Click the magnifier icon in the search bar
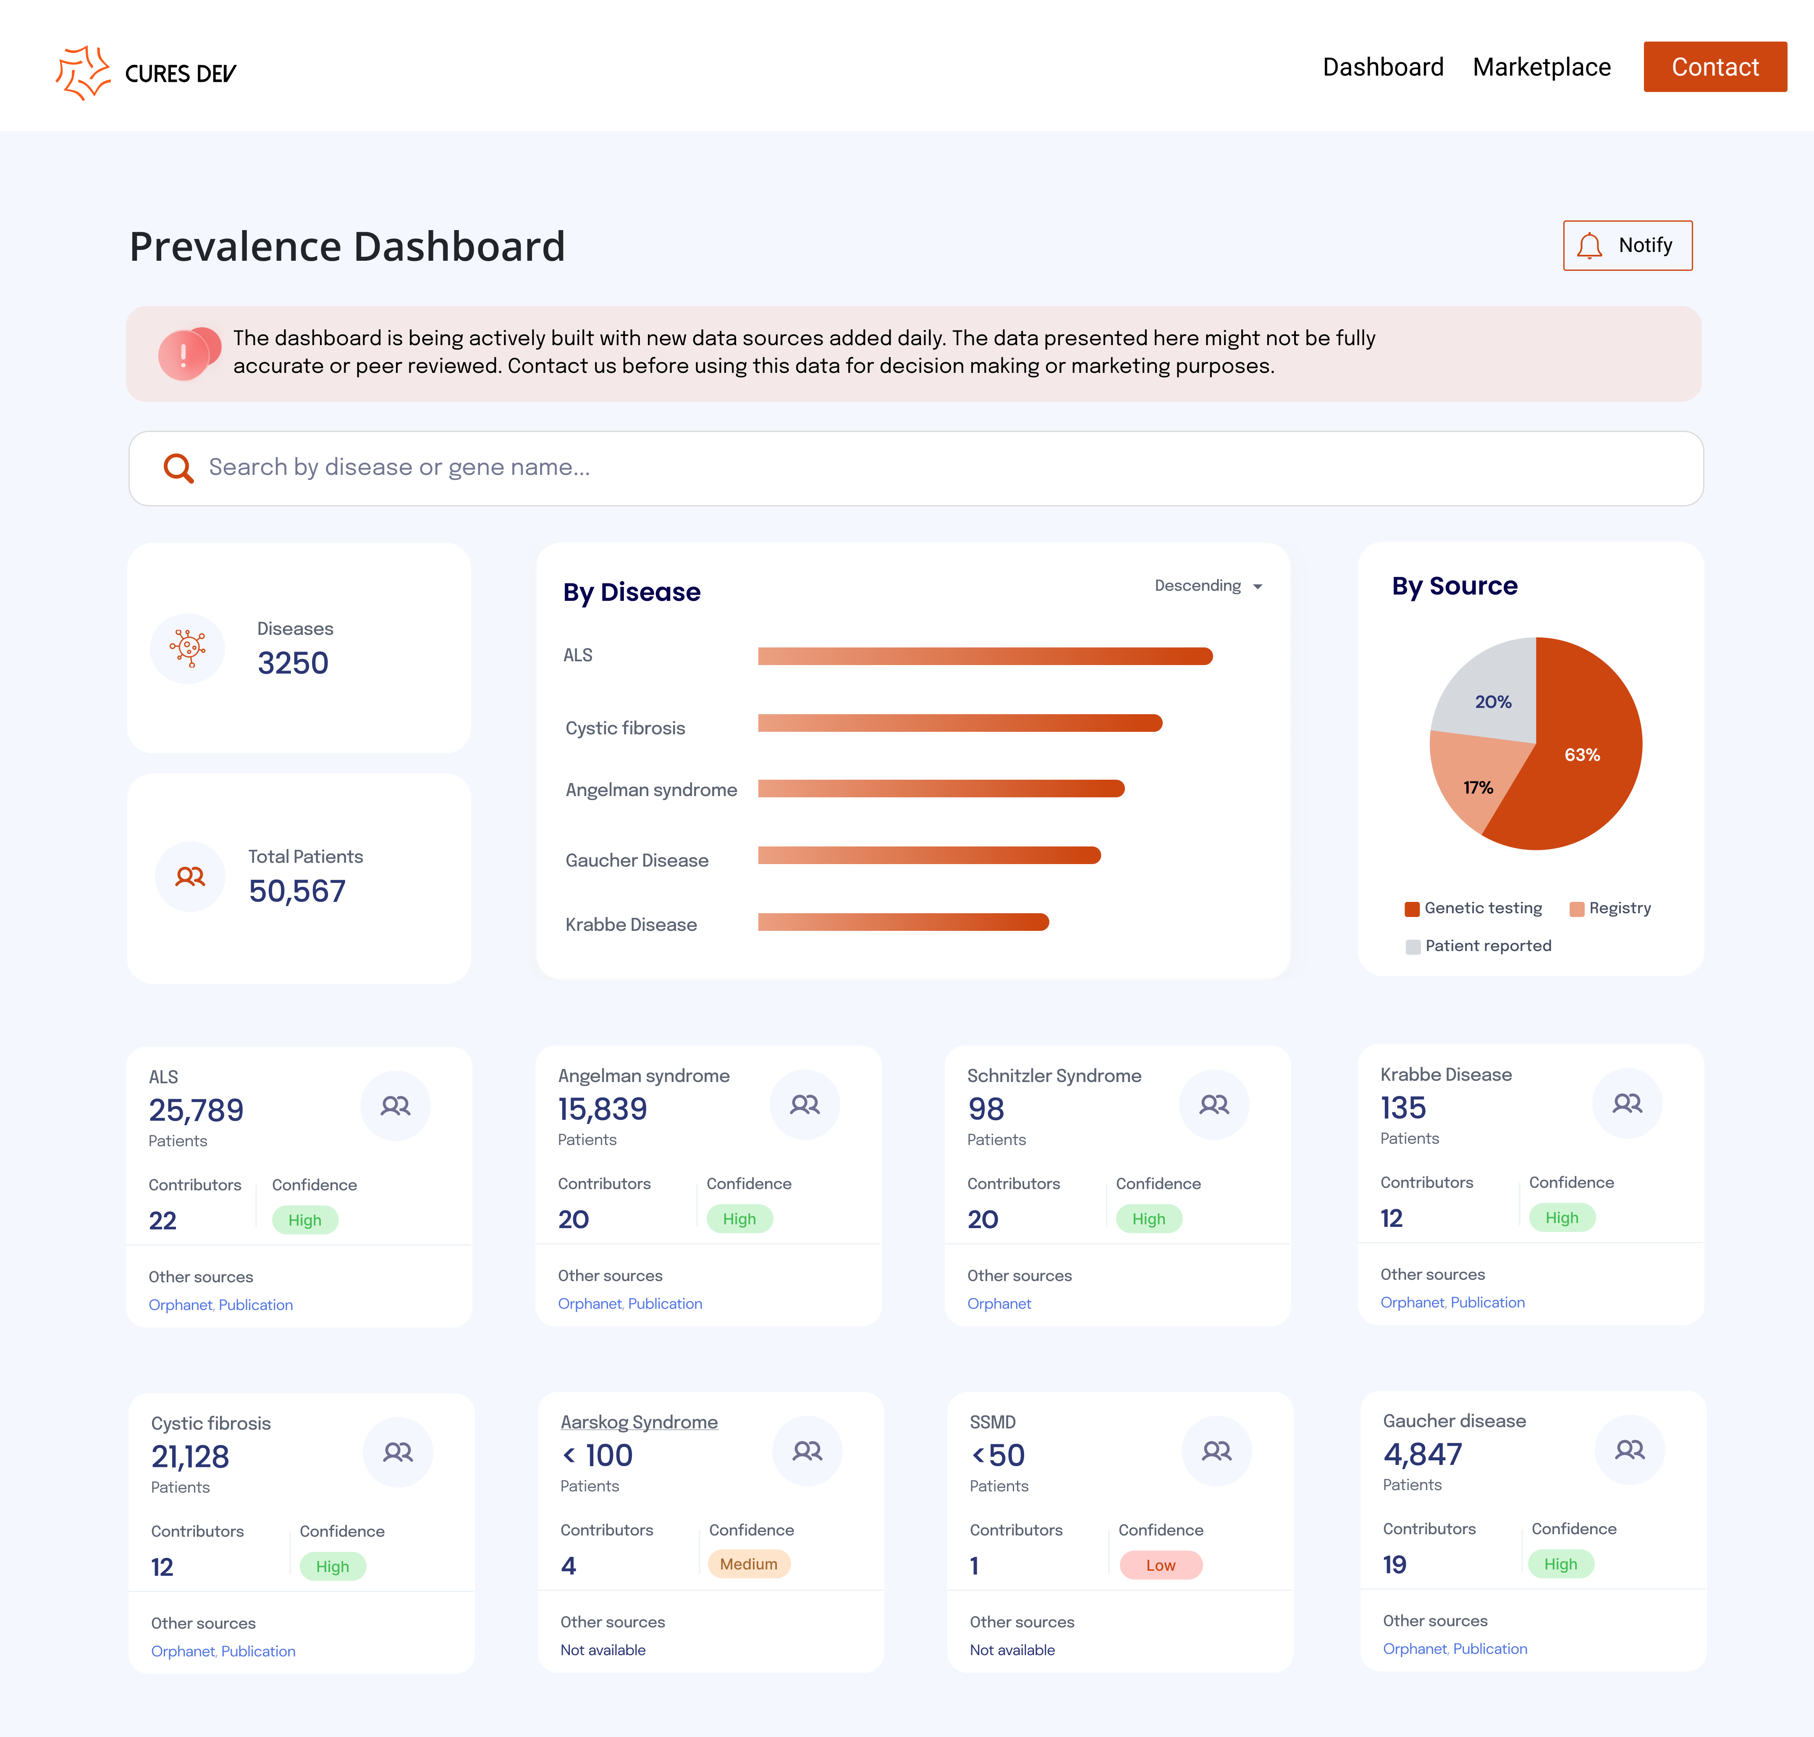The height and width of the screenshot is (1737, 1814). click(x=178, y=468)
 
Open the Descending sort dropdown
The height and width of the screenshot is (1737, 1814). click(x=1208, y=586)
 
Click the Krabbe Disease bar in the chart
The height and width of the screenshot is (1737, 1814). click(x=902, y=922)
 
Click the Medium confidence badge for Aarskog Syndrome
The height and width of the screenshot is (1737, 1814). click(x=749, y=1564)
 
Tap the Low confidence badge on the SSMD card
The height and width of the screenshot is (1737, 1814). click(x=1161, y=1565)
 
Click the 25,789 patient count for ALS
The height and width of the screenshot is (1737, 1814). click(x=196, y=1110)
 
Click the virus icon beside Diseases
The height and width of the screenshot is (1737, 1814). click(x=188, y=648)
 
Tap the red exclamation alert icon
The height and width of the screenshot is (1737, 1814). click(x=184, y=354)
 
